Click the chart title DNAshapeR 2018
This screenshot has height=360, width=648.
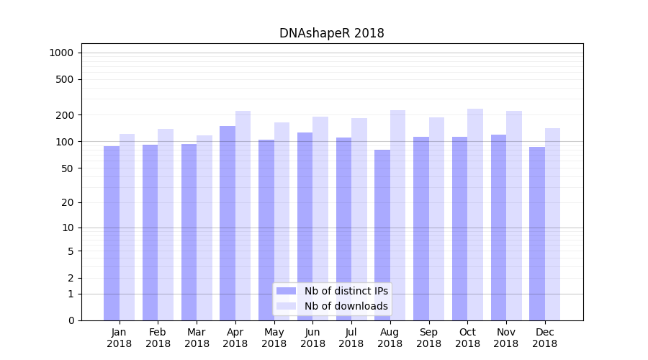click(331, 33)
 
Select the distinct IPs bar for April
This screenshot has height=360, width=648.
click(228, 223)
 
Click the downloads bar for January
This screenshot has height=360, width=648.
click(127, 227)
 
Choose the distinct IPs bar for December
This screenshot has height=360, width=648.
click(537, 233)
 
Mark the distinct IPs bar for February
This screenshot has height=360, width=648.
click(150, 233)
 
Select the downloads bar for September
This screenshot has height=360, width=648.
click(436, 219)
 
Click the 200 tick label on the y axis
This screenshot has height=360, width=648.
click(65, 115)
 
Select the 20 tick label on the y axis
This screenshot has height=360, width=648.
click(68, 202)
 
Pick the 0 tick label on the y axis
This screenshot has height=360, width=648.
click(71, 320)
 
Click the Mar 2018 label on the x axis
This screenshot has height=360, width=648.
click(197, 338)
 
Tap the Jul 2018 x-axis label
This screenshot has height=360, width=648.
click(351, 338)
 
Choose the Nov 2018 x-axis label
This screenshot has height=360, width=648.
click(506, 338)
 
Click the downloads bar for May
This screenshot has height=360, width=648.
click(282, 221)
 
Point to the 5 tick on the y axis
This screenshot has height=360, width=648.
click(71, 251)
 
